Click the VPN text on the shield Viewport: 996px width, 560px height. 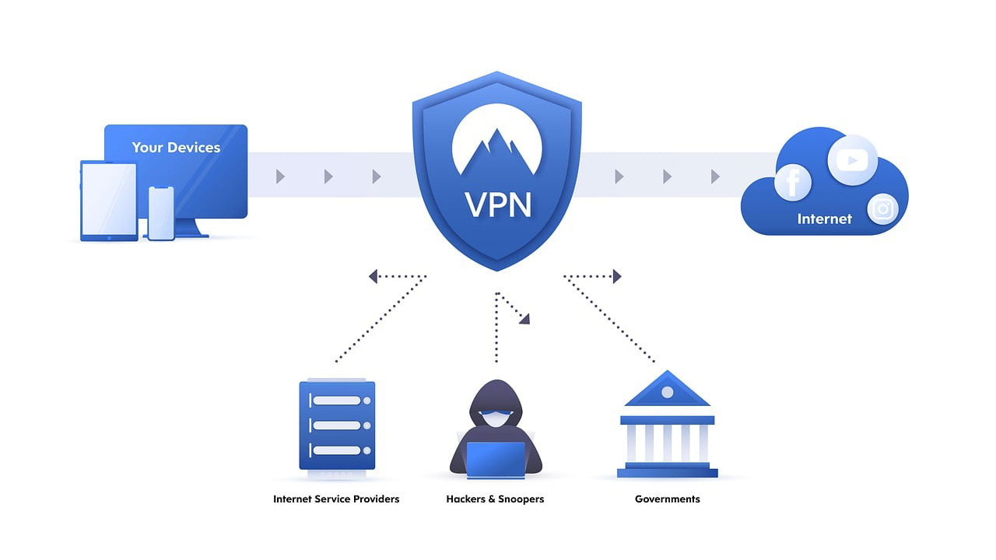click(498, 204)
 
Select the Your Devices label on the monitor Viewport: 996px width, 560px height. click(176, 147)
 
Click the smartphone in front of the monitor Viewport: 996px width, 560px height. click(161, 213)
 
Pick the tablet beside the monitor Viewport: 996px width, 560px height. click(108, 201)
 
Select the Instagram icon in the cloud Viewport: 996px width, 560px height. click(882, 208)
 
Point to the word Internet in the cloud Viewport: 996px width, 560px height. click(824, 219)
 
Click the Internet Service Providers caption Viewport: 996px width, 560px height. click(336, 499)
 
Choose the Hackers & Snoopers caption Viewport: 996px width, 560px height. click(495, 499)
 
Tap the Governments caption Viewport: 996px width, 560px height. click(668, 499)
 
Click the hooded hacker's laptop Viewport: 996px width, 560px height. click(496, 459)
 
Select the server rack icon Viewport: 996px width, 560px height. click(337, 425)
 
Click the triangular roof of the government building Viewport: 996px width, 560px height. click(667, 391)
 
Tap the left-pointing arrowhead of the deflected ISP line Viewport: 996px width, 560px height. click(373, 276)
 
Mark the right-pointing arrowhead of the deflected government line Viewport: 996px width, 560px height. click(617, 276)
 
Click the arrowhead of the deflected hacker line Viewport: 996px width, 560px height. click(525, 318)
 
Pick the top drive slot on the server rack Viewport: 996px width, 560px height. click(337, 401)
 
